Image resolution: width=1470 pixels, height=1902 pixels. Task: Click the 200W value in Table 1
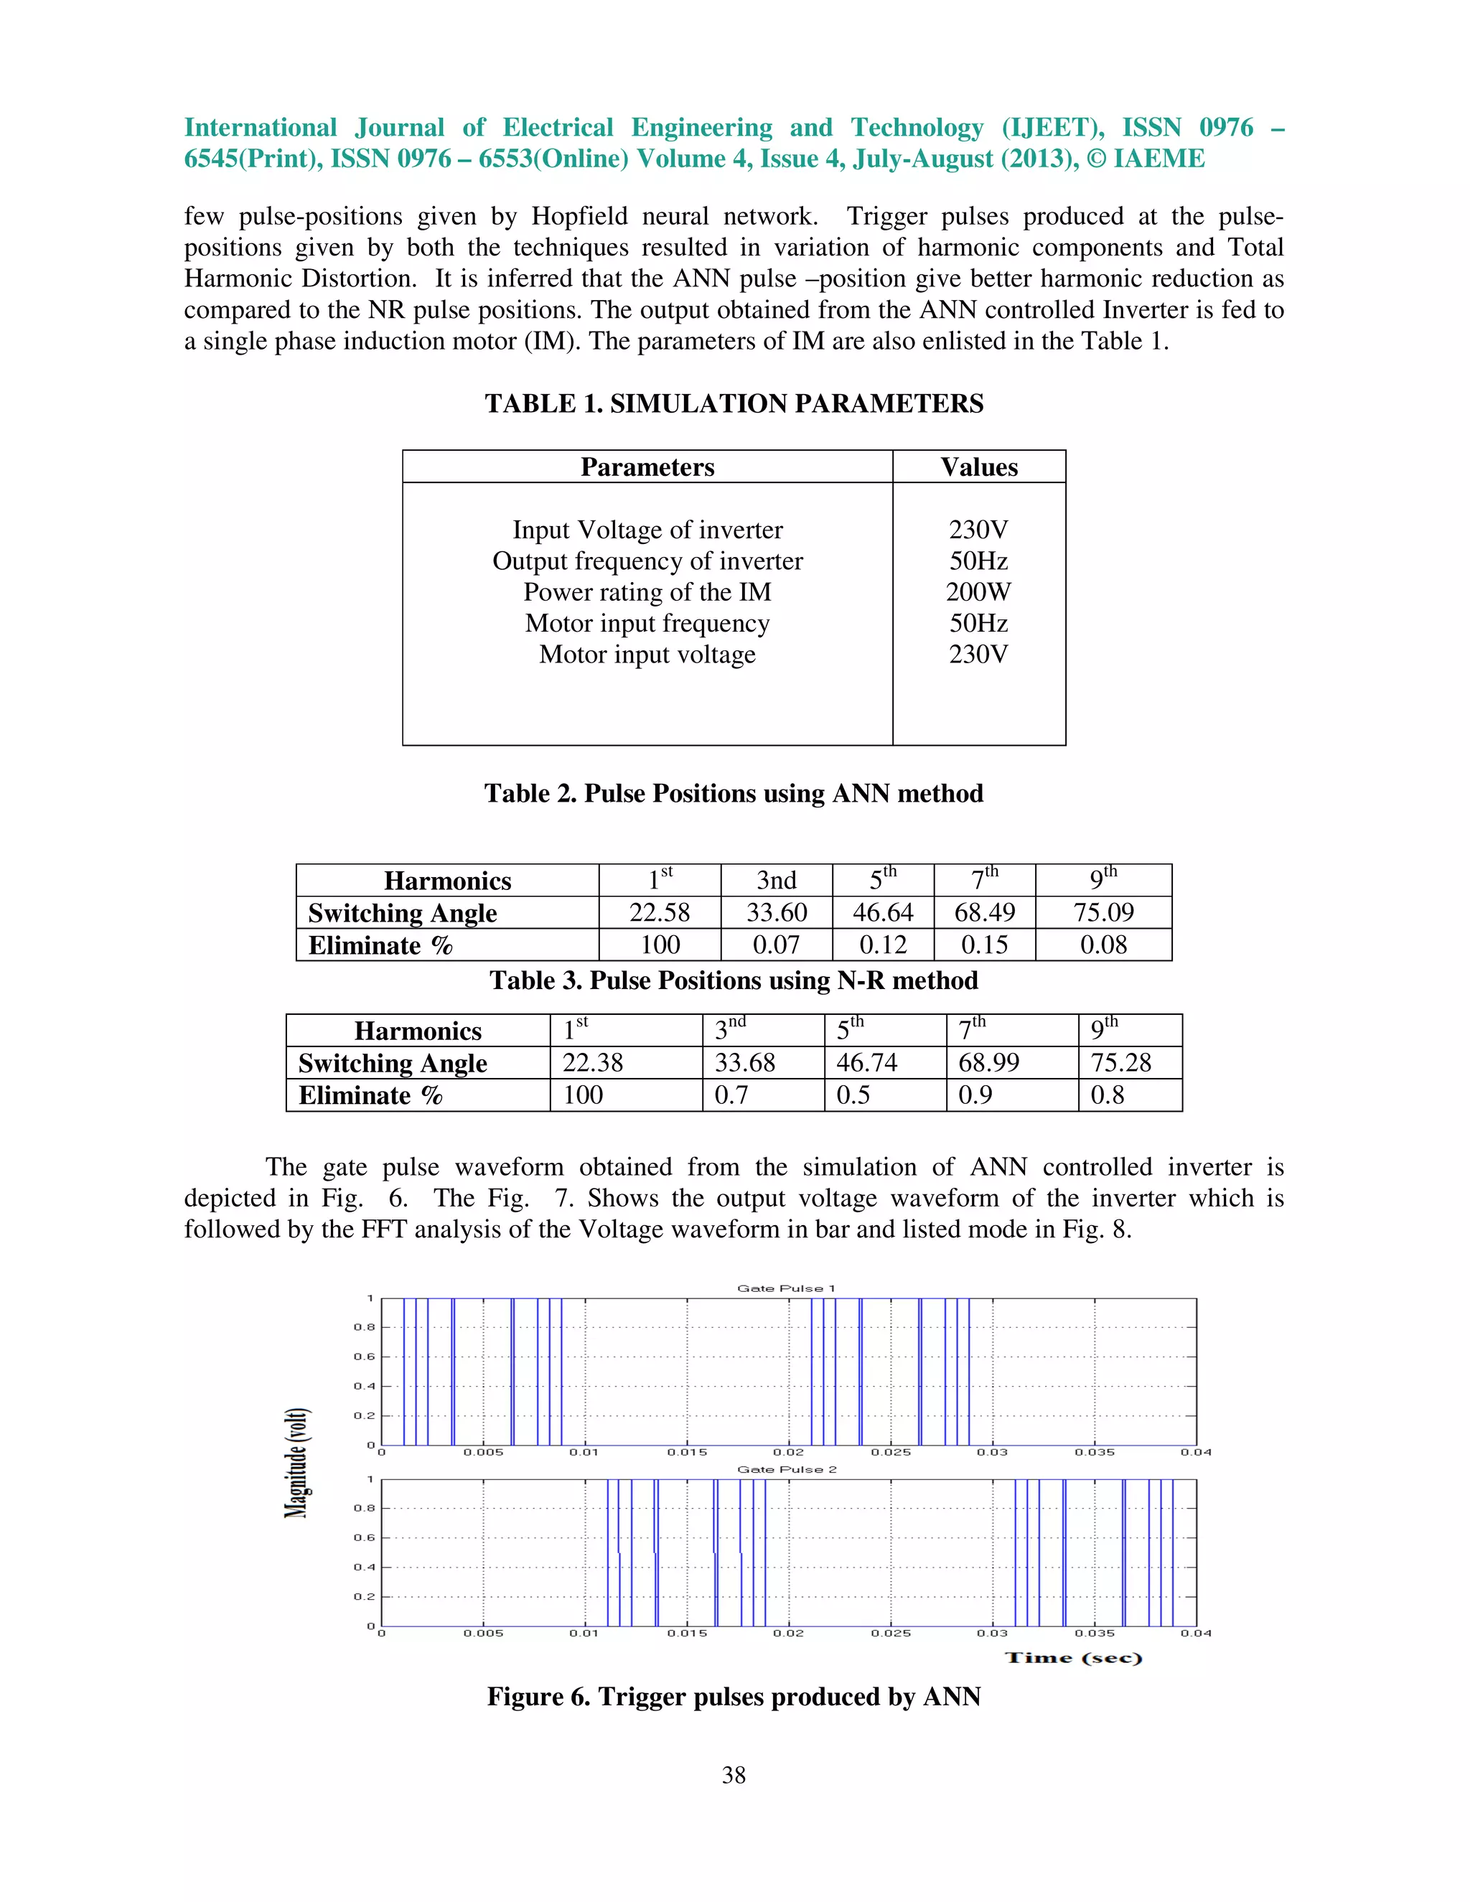[x=978, y=592]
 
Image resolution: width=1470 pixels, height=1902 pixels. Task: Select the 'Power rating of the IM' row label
[x=647, y=592]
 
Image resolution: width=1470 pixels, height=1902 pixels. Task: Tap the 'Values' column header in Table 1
[x=979, y=468]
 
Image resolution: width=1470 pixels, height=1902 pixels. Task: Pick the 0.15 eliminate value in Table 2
[x=984, y=945]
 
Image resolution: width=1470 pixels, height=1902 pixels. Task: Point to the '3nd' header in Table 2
[x=776, y=881]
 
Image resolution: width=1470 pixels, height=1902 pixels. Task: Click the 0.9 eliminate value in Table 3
[x=975, y=1095]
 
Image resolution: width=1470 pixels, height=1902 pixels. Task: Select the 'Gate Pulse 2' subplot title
[x=787, y=1469]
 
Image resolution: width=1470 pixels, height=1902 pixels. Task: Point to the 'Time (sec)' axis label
[x=1073, y=1657]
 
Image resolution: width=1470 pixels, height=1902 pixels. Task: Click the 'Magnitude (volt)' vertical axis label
[x=297, y=1463]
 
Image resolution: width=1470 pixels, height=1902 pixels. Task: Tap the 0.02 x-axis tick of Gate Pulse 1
[x=788, y=1453]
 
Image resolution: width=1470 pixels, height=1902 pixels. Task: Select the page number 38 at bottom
[x=734, y=1775]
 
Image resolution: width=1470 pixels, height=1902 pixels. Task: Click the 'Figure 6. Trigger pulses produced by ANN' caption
[x=734, y=1697]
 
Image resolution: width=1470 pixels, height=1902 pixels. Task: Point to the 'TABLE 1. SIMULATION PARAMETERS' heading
[x=734, y=404]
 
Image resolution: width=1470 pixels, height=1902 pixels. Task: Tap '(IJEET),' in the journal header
[x=1052, y=128]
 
